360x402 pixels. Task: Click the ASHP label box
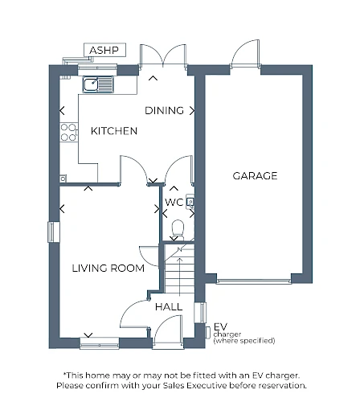pos(104,50)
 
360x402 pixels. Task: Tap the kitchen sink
pos(98,84)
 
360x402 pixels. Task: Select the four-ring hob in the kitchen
pos(68,132)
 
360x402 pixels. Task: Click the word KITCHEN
pos(114,131)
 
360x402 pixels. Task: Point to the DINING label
pos(164,110)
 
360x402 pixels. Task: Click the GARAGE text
pos(255,176)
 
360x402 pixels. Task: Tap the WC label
pos(174,203)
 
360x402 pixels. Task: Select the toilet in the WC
pos(178,230)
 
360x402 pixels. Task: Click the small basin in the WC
pos(190,202)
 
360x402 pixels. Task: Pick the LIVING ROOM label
pos(108,268)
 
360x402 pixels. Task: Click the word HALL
pos(169,307)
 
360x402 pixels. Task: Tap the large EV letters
pos(220,326)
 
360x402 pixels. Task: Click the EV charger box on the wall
pos(207,333)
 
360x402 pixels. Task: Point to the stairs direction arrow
pos(179,277)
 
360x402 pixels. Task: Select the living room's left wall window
pos(54,232)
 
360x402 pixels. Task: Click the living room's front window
pos(100,343)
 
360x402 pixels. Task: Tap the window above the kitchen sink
pos(97,70)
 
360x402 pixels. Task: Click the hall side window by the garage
pos(201,313)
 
